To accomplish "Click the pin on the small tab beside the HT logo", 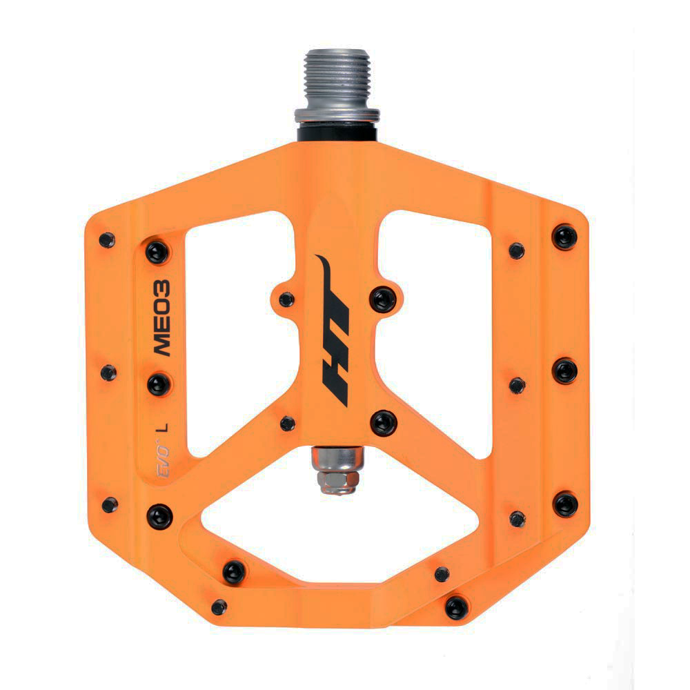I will pyautogui.click(x=287, y=299).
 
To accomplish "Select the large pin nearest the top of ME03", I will pyautogui.click(x=157, y=252).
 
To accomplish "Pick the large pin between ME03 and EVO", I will pyautogui.click(x=158, y=384).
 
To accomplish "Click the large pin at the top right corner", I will pyautogui.click(x=564, y=237).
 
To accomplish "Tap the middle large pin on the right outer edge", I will pyautogui.click(x=565, y=371).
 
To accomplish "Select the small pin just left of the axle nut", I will pyautogui.click(x=288, y=423).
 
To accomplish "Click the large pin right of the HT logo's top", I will pyautogui.click(x=383, y=299).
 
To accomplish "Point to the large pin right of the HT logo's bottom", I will pyautogui.click(x=383, y=422).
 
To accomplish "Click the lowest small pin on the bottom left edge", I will pyautogui.click(x=219, y=607).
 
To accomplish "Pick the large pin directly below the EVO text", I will pyautogui.click(x=159, y=513).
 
